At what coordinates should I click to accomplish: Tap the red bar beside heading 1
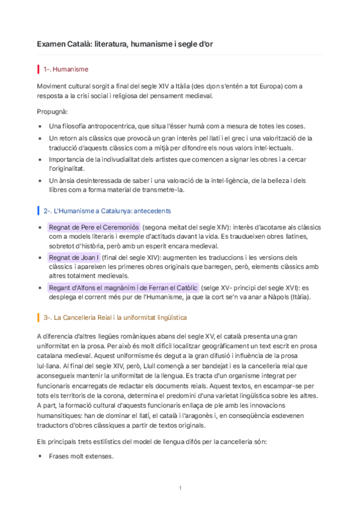38,70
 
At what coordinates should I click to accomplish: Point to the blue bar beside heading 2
38,211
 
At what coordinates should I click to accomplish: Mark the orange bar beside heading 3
38,316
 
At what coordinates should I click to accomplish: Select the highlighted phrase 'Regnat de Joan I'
74,257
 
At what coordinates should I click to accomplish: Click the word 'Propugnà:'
52,112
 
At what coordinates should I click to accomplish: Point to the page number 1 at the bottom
180,488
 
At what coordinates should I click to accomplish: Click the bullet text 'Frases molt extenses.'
82,456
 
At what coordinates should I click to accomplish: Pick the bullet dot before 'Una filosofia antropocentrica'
40,126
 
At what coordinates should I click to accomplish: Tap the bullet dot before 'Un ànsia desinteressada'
40,180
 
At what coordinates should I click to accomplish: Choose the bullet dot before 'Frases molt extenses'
40,456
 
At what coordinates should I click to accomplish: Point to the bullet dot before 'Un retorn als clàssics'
40,138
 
